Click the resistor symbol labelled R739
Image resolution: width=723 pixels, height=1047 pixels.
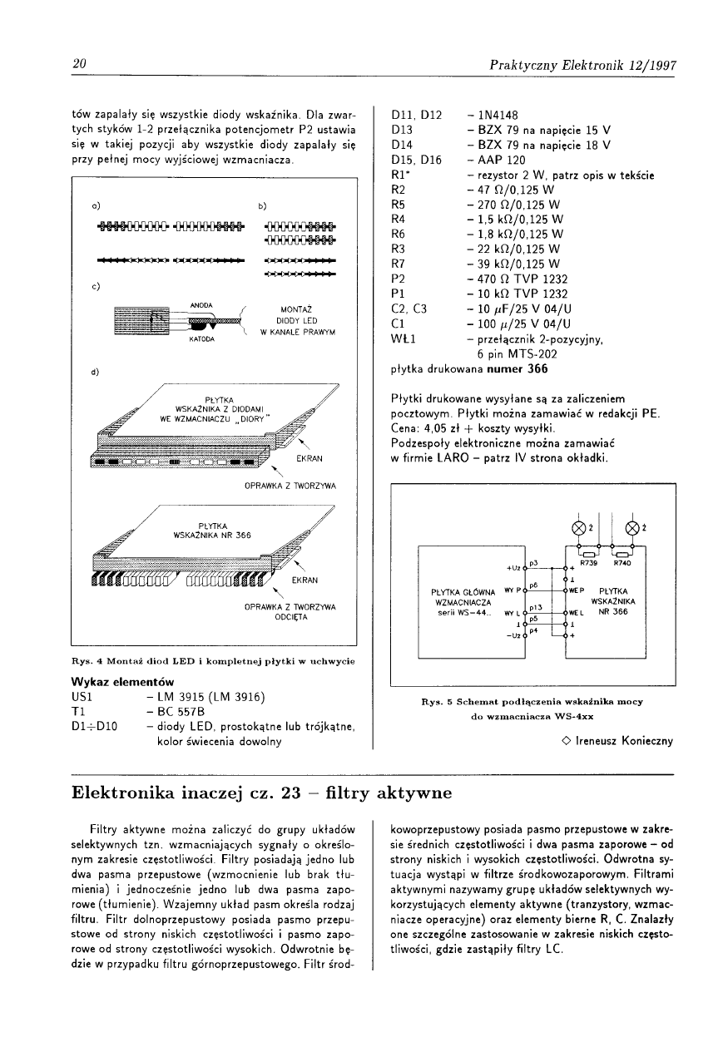tap(589, 553)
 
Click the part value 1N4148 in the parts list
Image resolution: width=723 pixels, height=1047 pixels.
tap(497, 115)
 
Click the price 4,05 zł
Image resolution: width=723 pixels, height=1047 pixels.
tap(448, 428)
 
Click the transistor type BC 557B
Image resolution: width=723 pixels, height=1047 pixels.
tap(181, 712)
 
